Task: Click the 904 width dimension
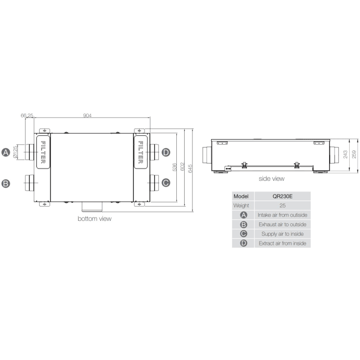[x=87, y=116]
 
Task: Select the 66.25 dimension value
[x=27, y=116]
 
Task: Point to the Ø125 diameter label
[x=16, y=152]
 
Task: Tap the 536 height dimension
[x=174, y=168]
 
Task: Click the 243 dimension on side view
[x=345, y=154]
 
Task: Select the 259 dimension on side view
[x=354, y=154]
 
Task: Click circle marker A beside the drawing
[x=6, y=152]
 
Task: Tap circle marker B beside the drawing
[x=6, y=184]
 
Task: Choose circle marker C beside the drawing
[x=166, y=183]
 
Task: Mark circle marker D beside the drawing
[x=166, y=152]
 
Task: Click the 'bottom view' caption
[x=95, y=219]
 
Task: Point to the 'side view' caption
[x=271, y=179]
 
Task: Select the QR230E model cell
[x=282, y=196]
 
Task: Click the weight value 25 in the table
[x=282, y=205]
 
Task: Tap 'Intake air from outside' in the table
[x=282, y=215]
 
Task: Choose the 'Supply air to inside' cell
[x=282, y=234]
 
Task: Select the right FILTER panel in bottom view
[x=141, y=151]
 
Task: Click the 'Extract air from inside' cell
[x=282, y=243]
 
